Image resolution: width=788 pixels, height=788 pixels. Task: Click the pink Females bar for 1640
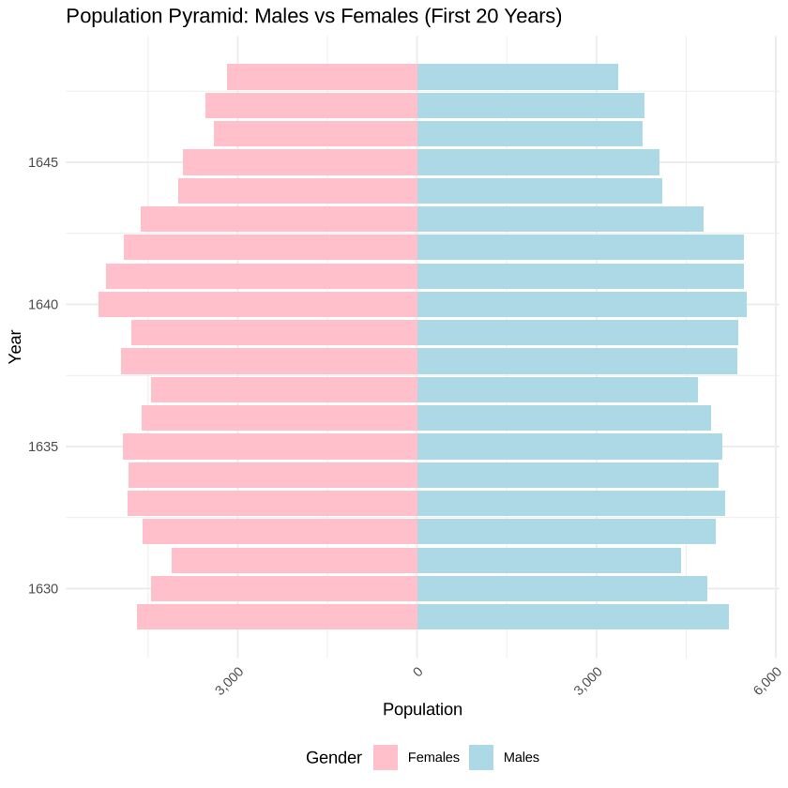(x=258, y=305)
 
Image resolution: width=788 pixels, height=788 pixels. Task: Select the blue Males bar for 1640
(x=582, y=305)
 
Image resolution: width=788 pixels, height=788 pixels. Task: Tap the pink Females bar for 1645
(x=300, y=162)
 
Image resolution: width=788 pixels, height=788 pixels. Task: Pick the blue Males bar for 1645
(x=538, y=162)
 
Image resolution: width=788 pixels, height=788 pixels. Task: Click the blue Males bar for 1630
(x=562, y=589)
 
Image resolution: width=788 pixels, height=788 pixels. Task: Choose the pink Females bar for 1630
(x=284, y=589)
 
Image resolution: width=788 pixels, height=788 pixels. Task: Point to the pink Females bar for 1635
(x=270, y=447)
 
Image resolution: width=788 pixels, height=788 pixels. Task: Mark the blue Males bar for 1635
(x=569, y=447)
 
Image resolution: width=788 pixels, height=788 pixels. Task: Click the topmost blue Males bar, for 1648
(x=517, y=77)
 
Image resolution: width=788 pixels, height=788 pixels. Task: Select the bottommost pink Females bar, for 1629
(x=277, y=617)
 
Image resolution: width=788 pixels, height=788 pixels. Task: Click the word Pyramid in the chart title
(x=193, y=17)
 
